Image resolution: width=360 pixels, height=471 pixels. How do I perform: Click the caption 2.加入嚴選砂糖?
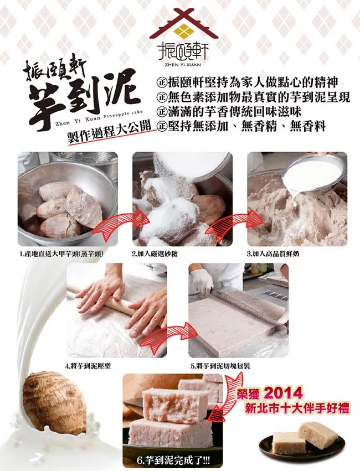click(x=155, y=254)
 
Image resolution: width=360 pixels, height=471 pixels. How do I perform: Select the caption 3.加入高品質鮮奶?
click(x=273, y=254)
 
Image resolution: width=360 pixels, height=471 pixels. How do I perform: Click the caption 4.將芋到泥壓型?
click(x=88, y=366)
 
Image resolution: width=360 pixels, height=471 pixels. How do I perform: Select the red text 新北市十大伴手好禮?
click(x=297, y=408)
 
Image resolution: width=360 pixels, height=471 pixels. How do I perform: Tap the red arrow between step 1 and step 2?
click(x=118, y=223)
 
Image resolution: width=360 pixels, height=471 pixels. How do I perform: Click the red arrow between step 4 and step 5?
click(x=167, y=337)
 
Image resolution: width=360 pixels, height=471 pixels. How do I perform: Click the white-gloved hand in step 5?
click(x=202, y=281)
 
